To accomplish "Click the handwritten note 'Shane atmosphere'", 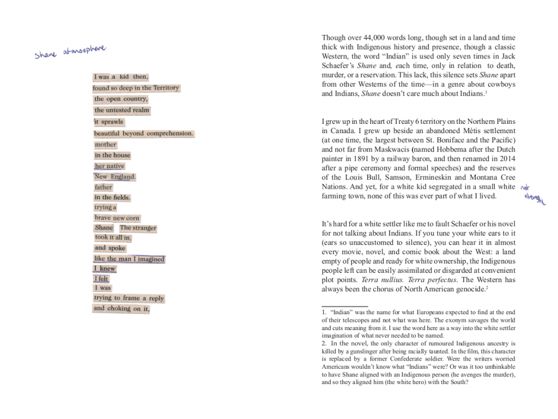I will pyautogui.click(x=70, y=52).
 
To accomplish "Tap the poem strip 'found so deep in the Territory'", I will pyautogui.click(x=136, y=88).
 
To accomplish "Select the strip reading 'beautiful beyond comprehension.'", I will pyautogui.click(x=143, y=133).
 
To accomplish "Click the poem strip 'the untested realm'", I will pyautogui.click(x=122, y=110).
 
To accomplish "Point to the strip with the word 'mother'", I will pyautogui.click(x=106, y=145).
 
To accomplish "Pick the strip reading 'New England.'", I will pyautogui.click(x=114, y=177).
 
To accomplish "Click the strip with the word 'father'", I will pyautogui.click(x=104, y=187).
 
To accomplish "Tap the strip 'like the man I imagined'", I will pyautogui.click(x=129, y=259).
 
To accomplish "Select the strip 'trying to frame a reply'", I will pyautogui.click(x=129, y=298).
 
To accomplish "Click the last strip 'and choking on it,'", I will pyautogui.click(x=121, y=308).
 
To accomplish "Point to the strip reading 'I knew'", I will pyautogui.click(x=105, y=268).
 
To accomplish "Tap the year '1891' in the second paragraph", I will pyautogui.click(x=372, y=159).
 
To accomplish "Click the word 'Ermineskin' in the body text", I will pyautogui.click(x=439, y=177).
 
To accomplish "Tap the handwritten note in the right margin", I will pyautogui.click(x=532, y=195).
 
